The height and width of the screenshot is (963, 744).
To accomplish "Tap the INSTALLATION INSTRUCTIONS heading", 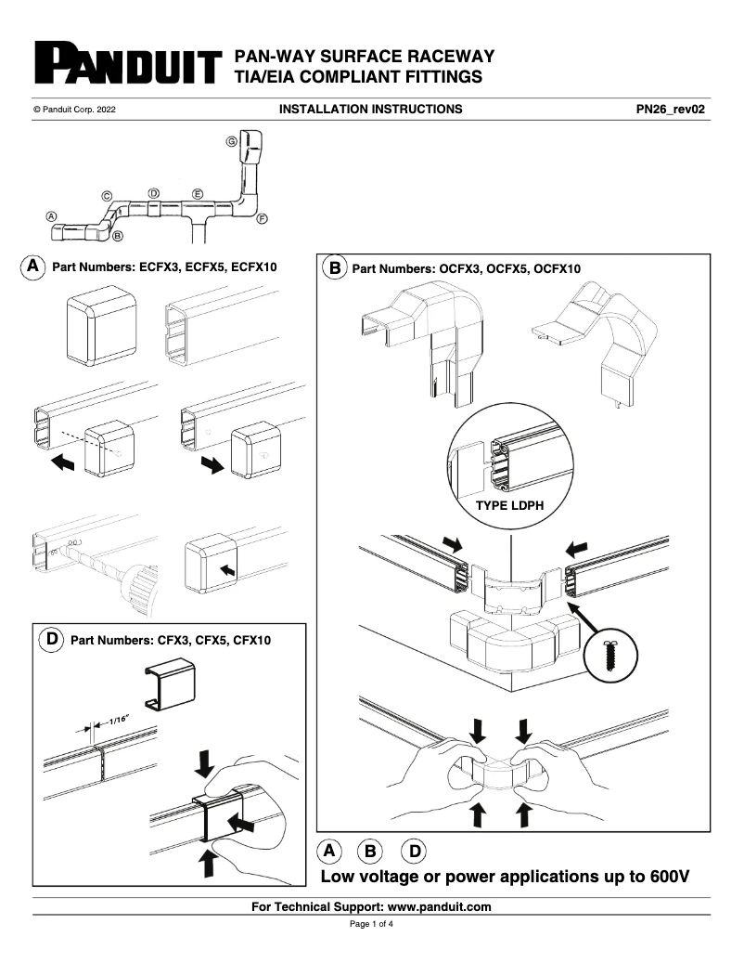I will click(370, 109).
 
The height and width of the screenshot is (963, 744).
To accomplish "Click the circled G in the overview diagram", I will click(230, 141).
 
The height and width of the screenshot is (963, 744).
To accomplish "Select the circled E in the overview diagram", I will click(197, 193).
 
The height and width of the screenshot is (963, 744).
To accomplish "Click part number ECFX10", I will click(257, 267).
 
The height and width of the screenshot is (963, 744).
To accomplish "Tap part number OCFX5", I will click(500, 268).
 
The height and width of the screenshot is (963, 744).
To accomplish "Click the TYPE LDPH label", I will click(509, 506).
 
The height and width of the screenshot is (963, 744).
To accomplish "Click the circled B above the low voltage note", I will click(371, 850).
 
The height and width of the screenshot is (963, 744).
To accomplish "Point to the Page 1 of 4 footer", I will click(371, 925).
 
